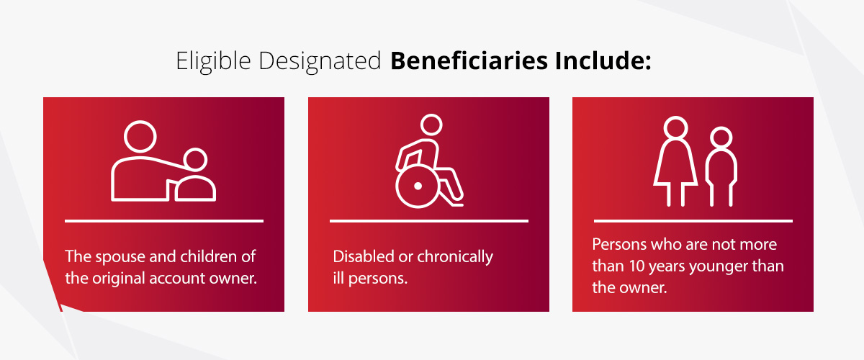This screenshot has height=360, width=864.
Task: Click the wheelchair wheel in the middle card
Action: [x=417, y=186]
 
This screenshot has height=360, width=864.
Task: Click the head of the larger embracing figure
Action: [x=140, y=135]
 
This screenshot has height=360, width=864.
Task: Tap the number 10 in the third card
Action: [x=631, y=266]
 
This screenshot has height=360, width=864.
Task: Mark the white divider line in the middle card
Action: [x=428, y=220]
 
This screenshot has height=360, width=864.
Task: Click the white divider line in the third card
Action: [x=693, y=220]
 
